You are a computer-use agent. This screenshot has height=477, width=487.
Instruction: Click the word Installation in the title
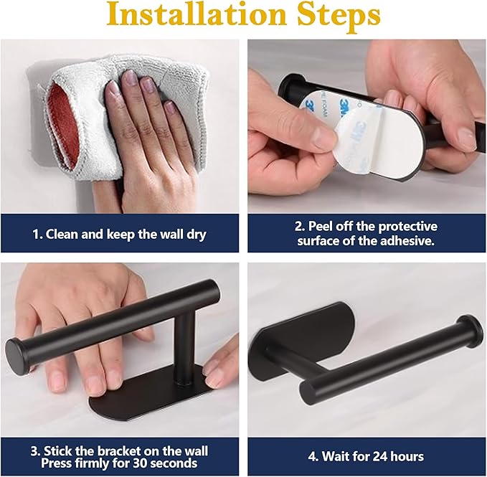(197, 15)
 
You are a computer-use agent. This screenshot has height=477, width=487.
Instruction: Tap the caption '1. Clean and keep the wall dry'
(120, 235)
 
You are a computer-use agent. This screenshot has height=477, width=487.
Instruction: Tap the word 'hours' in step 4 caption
(407, 457)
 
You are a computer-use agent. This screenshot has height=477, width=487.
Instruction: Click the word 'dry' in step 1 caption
(197, 235)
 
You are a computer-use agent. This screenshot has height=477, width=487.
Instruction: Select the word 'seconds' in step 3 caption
(174, 463)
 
